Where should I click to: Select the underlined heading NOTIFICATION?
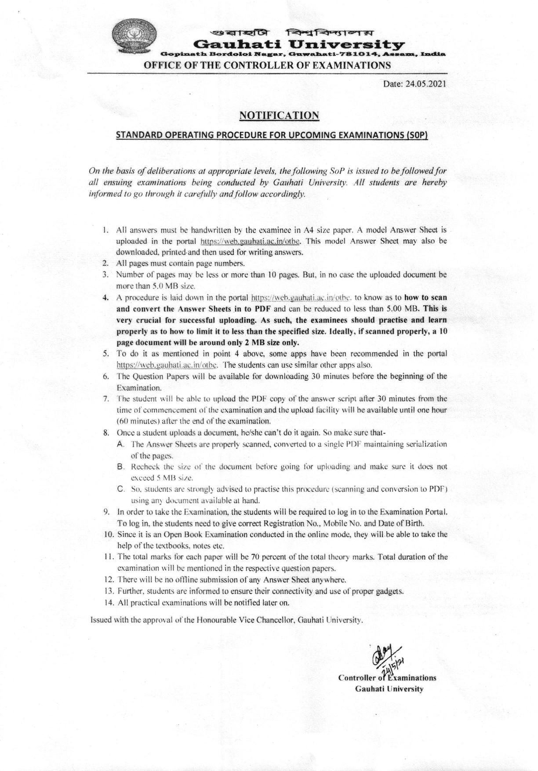(x=279, y=116)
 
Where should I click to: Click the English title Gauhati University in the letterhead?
(x=299, y=44)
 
